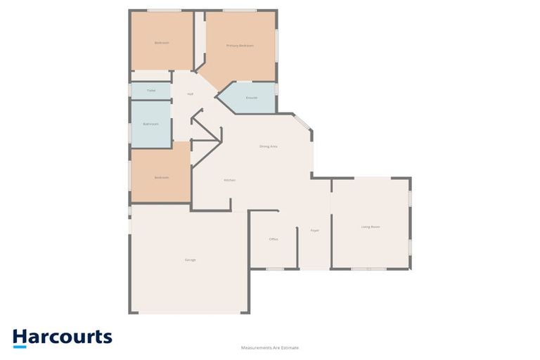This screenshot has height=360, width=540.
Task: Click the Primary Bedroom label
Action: [240, 46]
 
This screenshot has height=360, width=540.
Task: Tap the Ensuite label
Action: [252, 98]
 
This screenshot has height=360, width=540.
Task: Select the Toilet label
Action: [150, 91]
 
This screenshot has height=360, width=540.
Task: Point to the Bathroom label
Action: [150, 124]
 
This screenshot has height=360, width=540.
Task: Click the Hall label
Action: [190, 94]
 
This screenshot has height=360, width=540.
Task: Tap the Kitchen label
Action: [229, 180]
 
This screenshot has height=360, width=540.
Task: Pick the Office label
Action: [274, 239]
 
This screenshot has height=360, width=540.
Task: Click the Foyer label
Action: [315, 230]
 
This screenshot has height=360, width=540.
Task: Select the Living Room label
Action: [371, 226]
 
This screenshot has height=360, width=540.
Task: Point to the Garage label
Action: [190, 260]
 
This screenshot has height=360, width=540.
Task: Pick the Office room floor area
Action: [274, 250]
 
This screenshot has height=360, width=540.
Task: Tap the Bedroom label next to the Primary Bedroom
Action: [162, 43]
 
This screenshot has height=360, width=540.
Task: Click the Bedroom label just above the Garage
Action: [162, 177]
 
